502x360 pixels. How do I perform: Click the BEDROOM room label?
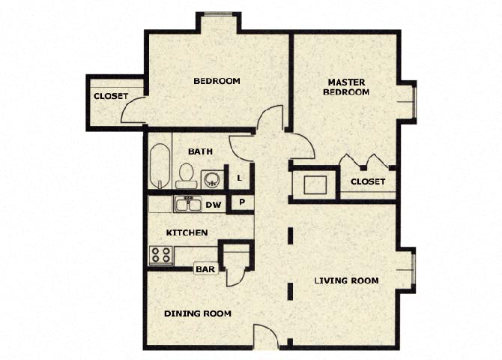coord(217,81)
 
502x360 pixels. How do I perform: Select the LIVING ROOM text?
coord(346,280)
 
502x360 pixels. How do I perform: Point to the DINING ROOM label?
coord(197,313)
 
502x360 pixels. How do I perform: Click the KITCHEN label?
coord(186,233)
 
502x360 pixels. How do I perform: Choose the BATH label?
coord(200,151)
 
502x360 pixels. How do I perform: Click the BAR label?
coord(205,268)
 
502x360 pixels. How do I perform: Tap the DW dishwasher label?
coord(213,204)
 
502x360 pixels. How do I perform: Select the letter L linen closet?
coord(238,178)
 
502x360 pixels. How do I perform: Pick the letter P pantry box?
coord(241,202)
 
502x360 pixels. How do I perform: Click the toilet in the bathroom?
coord(186,175)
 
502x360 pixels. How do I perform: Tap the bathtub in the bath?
coord(160,166)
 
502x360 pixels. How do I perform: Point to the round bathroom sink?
coord(211,179)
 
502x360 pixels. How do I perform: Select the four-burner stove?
coord(160,254)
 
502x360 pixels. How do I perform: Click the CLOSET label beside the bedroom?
coord(110,96)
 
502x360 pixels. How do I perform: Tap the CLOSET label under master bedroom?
coord(368,181)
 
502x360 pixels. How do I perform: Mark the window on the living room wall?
coord(411,271)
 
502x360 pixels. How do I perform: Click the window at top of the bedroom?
coord(219,13)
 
